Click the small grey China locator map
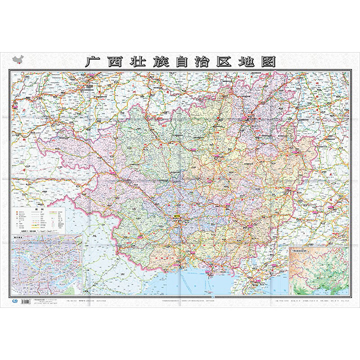[18, 59]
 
